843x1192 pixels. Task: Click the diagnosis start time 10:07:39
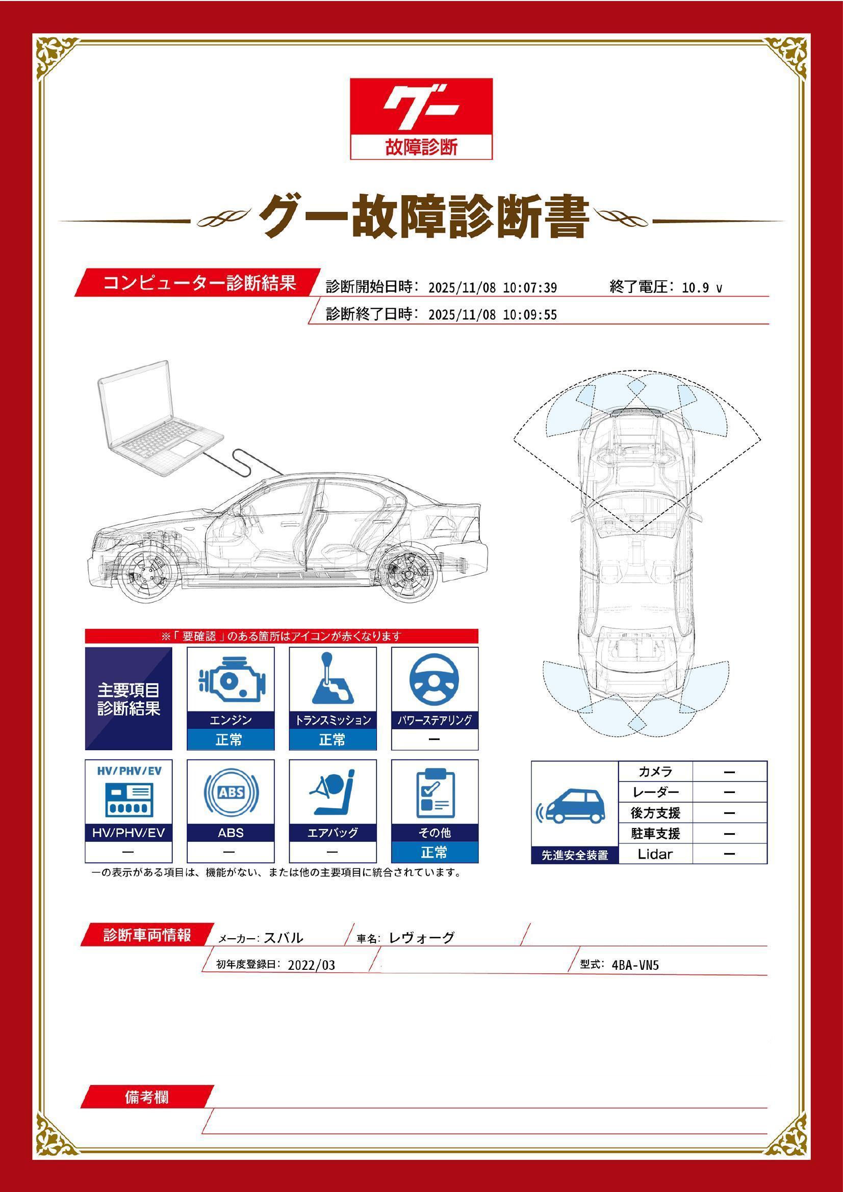pos(529,287)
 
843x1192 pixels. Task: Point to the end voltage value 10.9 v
pos(701,287)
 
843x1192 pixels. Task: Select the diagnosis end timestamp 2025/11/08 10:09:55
pos(493,314)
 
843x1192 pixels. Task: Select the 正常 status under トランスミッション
pos(333,739)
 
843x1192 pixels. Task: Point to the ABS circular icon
pos(231,793)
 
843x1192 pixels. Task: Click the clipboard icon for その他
pos(435,793)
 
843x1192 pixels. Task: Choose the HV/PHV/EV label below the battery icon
pos(129,833)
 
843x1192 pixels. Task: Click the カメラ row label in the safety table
pos(655,772)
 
